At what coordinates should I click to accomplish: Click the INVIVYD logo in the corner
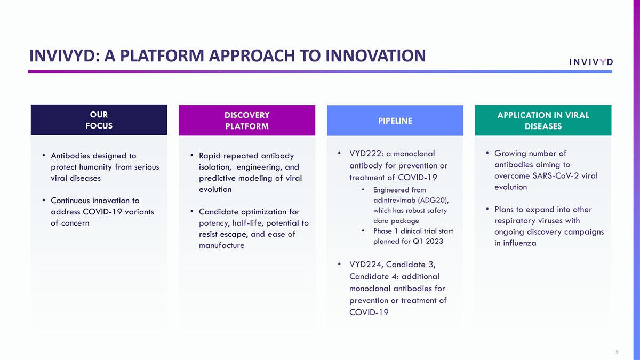(591, 62)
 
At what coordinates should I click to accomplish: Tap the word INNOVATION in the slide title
(375, 55)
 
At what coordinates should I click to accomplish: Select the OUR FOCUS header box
(99, 119)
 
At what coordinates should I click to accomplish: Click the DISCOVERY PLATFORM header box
(247, 121)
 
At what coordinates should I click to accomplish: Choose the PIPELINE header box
(395, 121)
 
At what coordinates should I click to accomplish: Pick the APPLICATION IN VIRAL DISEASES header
(543, 121)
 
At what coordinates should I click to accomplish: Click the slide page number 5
(617, 351)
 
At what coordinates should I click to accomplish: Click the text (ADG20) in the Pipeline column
(433, 201)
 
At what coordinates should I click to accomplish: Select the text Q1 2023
(428, 242)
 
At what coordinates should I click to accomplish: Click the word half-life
(246, 223)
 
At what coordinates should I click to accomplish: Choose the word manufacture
(222, 245)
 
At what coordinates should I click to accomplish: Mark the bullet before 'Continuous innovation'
(44, 201)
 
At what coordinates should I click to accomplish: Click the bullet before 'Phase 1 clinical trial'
(363, 230)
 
